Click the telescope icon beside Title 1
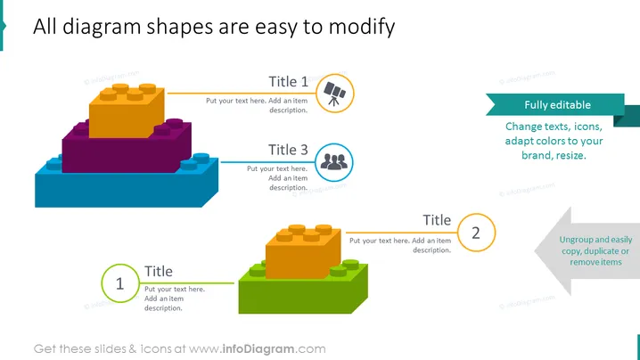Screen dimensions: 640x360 (334, 94)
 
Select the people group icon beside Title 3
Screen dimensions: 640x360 (334, 161)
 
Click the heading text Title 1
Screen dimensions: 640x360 (288, 82)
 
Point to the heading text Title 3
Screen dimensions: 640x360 (288, 150)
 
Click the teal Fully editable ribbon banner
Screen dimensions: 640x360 (558, 105)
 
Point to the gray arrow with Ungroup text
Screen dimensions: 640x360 (587, 250)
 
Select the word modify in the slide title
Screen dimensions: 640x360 (362, 28)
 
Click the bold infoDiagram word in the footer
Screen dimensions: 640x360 (258, 349)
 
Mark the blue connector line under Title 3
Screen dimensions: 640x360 (267, 162)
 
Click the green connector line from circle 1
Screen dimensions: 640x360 (187, 282)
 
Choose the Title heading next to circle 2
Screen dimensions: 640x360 (437, 220)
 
